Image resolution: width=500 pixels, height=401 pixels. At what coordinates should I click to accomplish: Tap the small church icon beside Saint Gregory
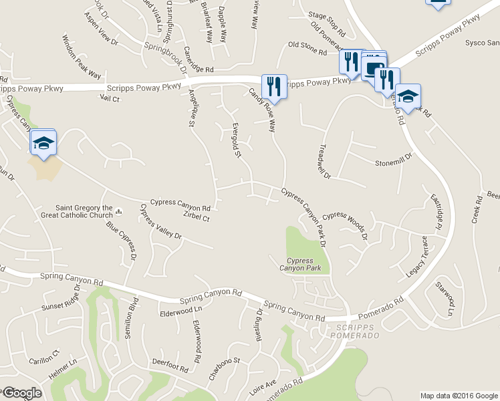click(118, 211)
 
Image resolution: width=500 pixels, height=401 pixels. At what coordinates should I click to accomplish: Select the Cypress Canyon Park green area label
click(304, 264)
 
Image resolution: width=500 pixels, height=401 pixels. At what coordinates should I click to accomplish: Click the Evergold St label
click(236, 140)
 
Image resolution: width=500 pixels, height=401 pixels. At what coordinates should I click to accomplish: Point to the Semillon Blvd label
click(132, 321)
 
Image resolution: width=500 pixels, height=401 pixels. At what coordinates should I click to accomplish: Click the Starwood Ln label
click(445, 299)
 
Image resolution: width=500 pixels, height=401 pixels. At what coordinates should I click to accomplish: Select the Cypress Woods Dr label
click(346, 226)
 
